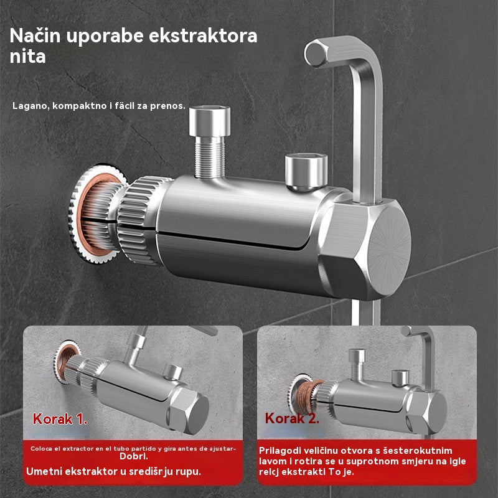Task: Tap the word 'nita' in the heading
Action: click(x=27, y=57)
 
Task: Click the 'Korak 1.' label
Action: click(x=55, y=419)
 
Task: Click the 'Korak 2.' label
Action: click(x=292, y=418)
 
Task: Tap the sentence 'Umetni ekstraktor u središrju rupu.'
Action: click(x=114, y=471)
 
